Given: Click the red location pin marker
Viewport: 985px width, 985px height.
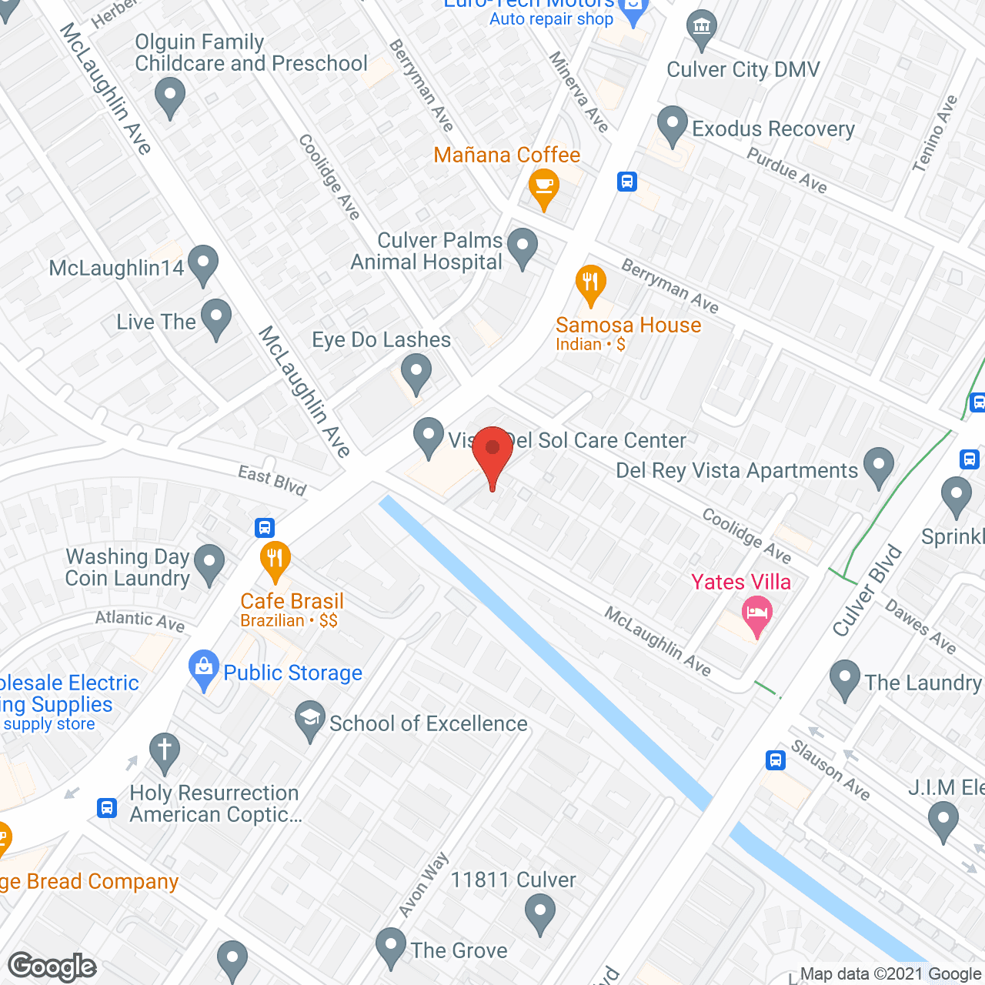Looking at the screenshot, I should tap(492, 451).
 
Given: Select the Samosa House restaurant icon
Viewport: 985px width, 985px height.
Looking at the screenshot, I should tap(590, 283).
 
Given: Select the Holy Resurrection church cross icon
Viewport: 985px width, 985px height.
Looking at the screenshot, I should tap(164, 751).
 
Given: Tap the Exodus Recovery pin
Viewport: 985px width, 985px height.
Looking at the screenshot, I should tap(673, 125).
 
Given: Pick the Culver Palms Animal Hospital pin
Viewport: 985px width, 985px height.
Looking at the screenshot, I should tap(523, 247).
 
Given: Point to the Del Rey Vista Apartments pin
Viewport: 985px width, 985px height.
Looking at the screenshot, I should tap(878, 466).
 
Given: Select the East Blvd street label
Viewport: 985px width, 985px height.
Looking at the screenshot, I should tap(272, 479).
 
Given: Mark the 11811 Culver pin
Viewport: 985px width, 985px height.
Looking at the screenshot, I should tap(540, 916).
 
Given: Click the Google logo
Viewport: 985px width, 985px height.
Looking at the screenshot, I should tap(52, 967).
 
